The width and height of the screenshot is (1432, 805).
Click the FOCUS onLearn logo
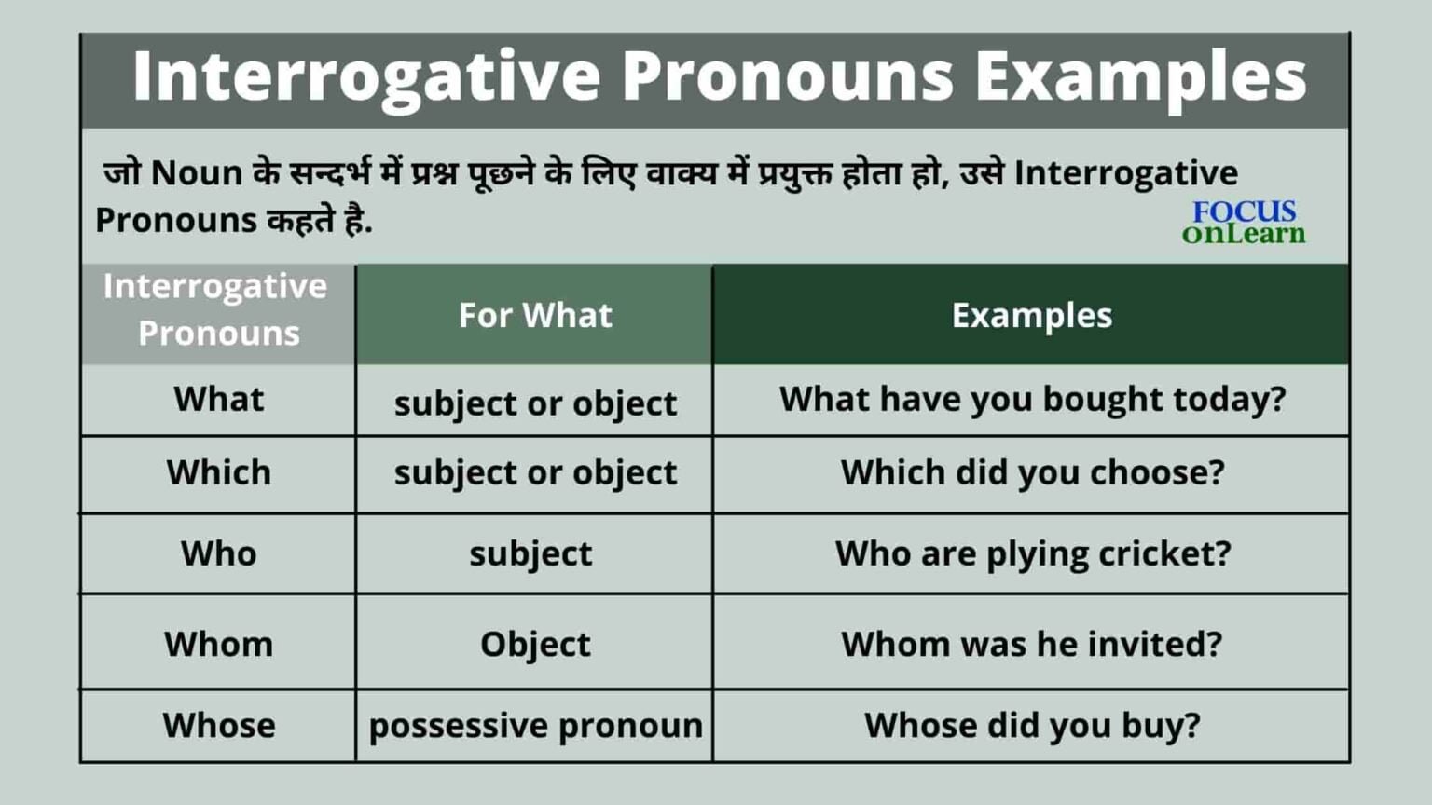point(1244,223)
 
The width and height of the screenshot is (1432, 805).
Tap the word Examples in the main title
point(1140,76)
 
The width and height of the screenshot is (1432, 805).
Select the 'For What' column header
point(535,315)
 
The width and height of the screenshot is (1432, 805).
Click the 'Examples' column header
point(1031,315)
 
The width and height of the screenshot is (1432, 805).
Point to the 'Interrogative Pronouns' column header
point(217,309)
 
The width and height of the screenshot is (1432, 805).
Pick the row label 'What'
point(218,399)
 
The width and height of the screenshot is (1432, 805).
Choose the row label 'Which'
point(218,472)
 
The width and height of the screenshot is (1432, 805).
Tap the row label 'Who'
point(218,553)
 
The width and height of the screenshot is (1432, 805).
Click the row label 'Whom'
point(218,644)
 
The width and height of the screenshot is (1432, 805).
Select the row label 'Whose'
point(218,725)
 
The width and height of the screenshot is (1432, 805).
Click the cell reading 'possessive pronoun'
point(535,726)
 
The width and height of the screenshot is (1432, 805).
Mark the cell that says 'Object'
point(535,644)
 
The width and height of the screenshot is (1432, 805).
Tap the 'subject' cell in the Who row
point(530,553)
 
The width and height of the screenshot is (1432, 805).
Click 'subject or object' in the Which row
point(535,472)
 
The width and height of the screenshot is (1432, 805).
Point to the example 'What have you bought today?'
point(1032,399)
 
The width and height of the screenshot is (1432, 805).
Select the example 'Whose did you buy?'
point(1032,725)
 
